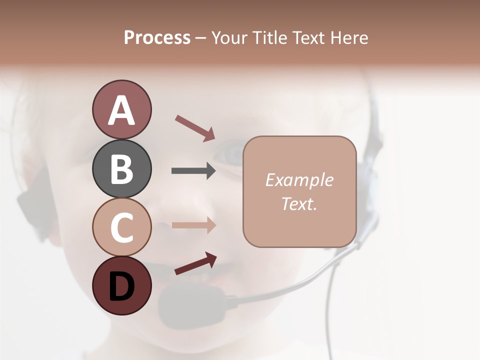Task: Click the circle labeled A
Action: [121, 109]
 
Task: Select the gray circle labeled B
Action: [121, 168]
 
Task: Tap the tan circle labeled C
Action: [121, 227]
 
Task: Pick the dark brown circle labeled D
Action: [121, 285]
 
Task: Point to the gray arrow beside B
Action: [193, 171]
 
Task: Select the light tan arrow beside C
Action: [193, 225]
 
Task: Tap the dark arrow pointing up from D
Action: [195, 263]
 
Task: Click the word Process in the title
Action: [157, 38]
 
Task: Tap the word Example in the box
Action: [299, 180]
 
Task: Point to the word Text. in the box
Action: [299, 203]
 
